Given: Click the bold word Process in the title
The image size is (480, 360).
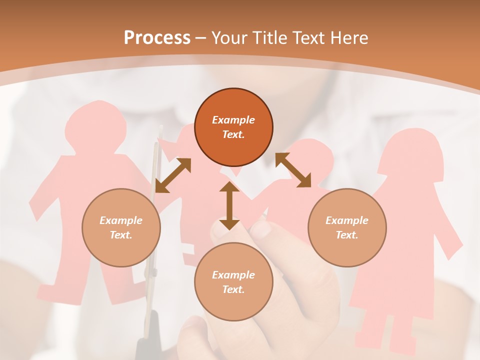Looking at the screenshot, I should click(157, 38).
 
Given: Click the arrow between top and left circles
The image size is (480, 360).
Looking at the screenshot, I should click(173, 175).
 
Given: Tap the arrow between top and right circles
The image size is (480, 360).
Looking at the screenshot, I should click(293, 170).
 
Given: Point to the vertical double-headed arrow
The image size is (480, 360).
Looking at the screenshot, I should click(229, 206).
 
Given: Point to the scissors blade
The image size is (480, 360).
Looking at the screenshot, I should click(152, 200).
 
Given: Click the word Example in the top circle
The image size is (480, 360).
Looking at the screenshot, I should click(233, 120).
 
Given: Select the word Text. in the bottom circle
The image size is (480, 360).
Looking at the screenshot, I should click(233, 289).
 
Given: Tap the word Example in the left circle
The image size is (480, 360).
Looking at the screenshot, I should click(121, 220).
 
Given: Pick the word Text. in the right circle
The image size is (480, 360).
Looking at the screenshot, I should click(347, 235).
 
